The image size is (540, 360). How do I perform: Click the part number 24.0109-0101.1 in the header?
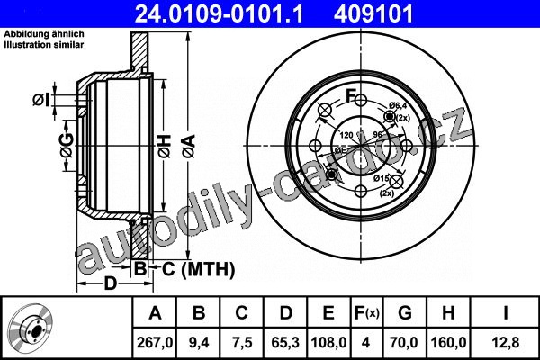(x=219, y=14)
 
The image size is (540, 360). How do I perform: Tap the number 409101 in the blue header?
(x=373, y=14)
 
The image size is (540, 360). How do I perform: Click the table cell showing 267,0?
(x=155, y=343)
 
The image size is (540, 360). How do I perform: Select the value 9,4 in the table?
(x=199, y=343)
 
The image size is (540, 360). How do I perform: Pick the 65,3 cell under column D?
(x=285, y=343)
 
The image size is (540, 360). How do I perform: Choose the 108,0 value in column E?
(x=328, y=343)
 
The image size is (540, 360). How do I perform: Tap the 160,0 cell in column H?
(x=449, y=343)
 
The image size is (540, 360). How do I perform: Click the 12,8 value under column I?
(x=505, y=343)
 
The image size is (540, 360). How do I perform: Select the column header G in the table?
(x=405, y=313)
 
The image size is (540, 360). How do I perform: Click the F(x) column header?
(x=367, y=313)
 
